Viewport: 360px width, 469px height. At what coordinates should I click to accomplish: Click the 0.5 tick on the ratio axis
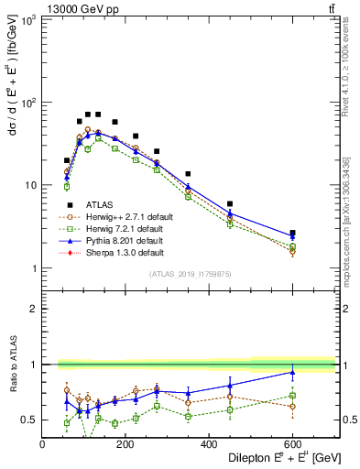31,420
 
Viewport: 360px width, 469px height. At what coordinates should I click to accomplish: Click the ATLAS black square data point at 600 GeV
292,234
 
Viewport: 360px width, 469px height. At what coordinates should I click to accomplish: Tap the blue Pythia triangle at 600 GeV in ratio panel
292,373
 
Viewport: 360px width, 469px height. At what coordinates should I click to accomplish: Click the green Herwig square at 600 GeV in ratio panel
292,396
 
